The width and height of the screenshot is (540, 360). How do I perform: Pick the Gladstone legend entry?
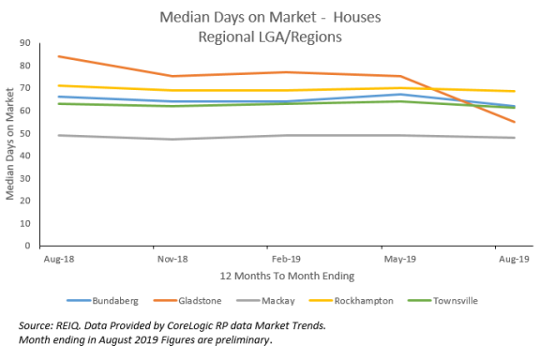pos(198,300)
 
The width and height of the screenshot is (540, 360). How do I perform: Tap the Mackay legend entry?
pos(277,300)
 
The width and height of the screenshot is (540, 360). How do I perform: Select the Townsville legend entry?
pos(456,300)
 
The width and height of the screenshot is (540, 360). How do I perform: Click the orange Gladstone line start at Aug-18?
pos(58,56)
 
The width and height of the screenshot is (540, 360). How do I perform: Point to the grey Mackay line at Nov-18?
pos(171,140)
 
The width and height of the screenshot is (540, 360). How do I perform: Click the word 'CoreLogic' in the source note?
pos(198,324)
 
